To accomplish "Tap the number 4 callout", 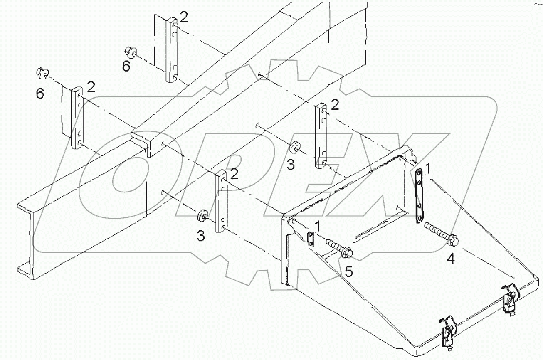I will pos(451,259).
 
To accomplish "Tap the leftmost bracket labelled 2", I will pos(78,117).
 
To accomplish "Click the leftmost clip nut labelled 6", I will pos(41,73).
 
